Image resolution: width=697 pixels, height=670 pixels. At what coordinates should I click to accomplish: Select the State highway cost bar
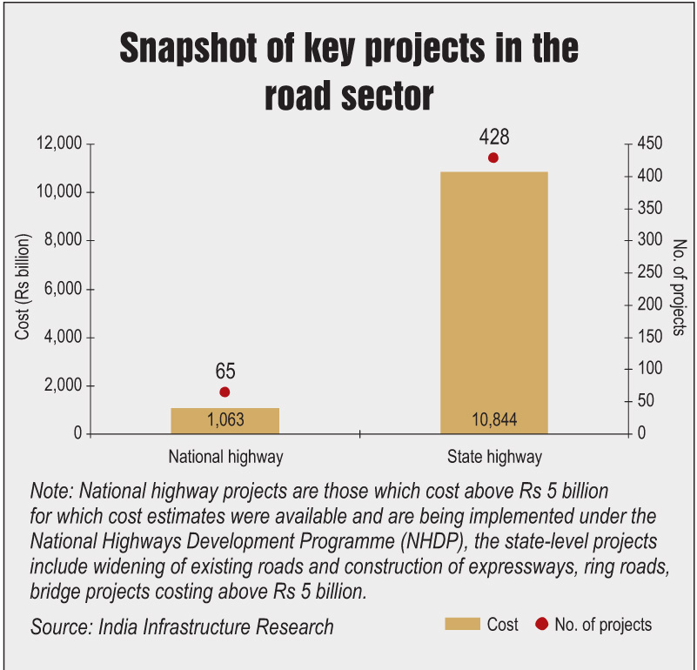coord(493,296)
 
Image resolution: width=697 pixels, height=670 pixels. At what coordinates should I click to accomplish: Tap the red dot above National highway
coord(225,392)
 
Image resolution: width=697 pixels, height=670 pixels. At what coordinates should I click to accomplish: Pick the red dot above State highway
coord(493,157)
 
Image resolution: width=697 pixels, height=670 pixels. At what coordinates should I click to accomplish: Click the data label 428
coord(493,137)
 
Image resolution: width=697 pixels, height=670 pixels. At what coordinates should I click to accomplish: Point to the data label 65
coord(225,372)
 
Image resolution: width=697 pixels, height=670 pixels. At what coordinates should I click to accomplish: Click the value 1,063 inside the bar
coord(225,420)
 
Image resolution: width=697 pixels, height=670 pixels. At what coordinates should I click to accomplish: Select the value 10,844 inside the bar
coord(493,420)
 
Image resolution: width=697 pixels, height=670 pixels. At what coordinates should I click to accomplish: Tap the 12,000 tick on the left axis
coord(57,144)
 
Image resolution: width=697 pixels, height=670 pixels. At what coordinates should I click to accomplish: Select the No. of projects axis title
coord(680,287)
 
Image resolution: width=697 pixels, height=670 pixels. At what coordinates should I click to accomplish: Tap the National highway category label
coord(225,457)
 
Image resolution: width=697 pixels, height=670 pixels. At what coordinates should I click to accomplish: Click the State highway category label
coord(494,457)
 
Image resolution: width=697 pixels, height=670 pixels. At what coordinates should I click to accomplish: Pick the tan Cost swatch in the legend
coord(462,624)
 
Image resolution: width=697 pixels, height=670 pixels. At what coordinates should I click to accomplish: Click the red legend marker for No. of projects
coord(542,624)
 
